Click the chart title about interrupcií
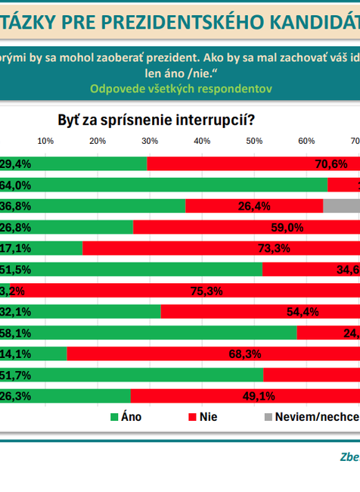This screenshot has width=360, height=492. [156, 120]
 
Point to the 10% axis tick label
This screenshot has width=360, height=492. [45, 141]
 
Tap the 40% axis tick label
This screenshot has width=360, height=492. [202, 141]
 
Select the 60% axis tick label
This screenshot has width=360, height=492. [306, 141]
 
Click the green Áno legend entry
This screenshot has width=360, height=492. [126, 416]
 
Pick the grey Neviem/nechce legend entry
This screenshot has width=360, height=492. [311, 416]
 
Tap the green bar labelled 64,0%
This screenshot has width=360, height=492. [174, 185]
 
